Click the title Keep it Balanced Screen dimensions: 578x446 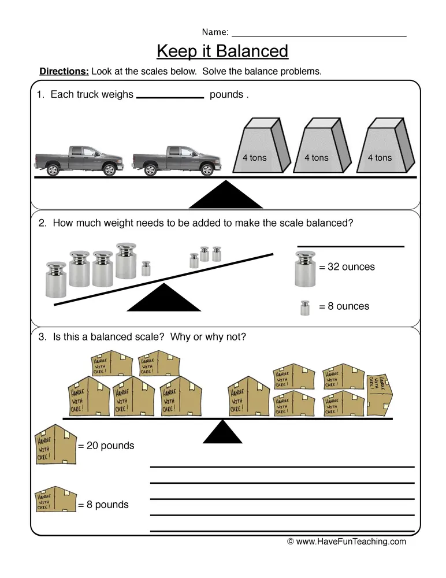click(222, 51)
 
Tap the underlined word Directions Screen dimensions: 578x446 click(64, 72)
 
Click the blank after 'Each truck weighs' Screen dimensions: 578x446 click(170, 97)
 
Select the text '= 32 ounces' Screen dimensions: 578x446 click(347, 267)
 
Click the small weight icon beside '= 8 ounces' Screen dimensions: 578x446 click(304, 307)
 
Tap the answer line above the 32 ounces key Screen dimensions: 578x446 click(350, 246)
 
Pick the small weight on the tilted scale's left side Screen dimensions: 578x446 click(146, 268)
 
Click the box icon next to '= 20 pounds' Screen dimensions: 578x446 click(55, 444)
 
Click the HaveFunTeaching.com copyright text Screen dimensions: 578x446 click(347, 542)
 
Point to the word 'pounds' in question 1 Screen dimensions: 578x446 click(226, 95)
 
